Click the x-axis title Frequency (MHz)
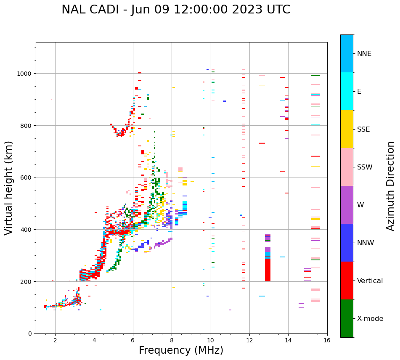pos(181,350)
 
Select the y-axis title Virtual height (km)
pos(9,188)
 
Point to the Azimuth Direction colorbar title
pos(391,186)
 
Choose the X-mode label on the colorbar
pos(370,319)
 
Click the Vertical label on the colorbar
pos(370,281)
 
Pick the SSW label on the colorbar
pos(365,167)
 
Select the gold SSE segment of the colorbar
pos(347,129)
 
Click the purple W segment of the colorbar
pos(347,205)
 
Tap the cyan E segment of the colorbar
pos(347,91)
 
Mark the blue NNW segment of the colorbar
pos(347,243)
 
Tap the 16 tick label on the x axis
pos(327,341)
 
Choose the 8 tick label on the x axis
pos(172,341)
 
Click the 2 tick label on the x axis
pos(55,341)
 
